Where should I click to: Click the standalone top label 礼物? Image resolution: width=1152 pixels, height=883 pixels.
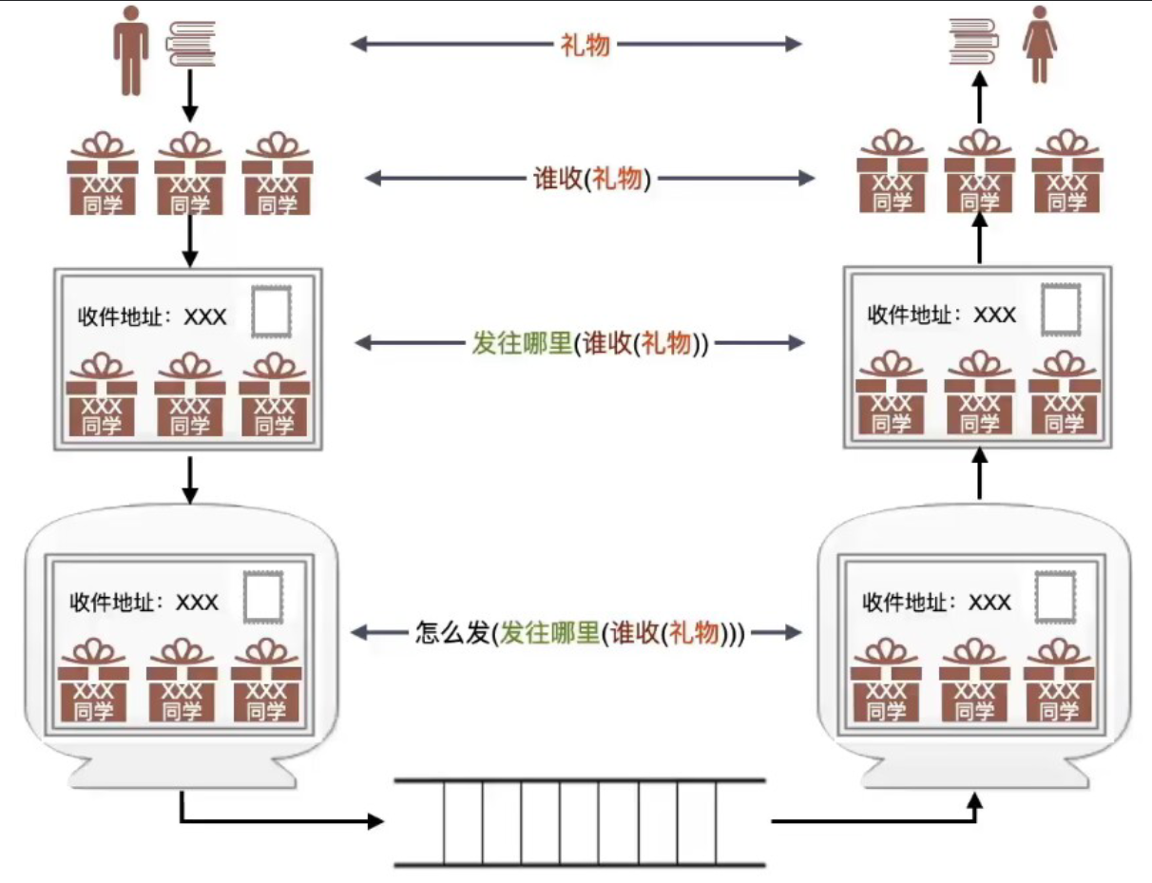585,43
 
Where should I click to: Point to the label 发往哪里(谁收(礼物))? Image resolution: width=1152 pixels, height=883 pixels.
590,343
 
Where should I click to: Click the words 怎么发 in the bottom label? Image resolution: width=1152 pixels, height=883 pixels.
451,632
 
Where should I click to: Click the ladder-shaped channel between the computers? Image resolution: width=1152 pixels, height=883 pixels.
580,822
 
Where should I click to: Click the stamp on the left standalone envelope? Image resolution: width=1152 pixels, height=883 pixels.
272,313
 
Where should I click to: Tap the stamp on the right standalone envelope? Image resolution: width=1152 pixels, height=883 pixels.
1062,310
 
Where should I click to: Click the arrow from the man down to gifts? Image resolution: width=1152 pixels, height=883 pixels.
190,97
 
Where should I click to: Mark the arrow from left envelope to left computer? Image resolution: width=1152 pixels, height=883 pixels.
190,480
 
